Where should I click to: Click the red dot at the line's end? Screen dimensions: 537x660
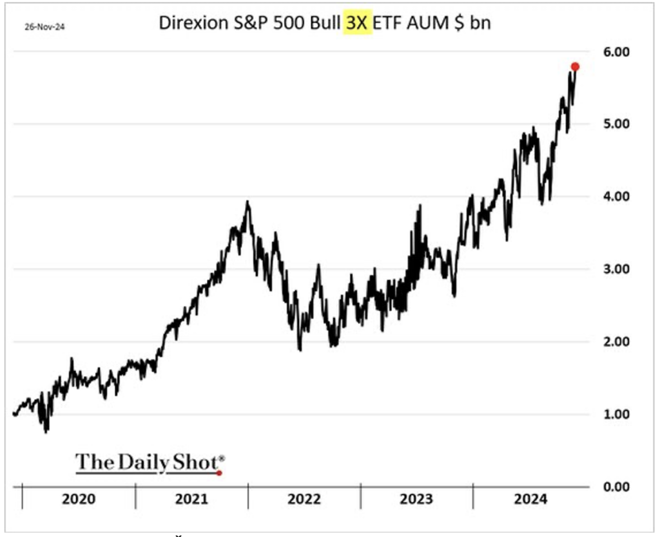pyautogui.click(x=575, y=67)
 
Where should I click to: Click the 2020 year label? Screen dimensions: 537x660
pyautogui.click(x=80, y=499)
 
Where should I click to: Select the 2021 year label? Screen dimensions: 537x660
pyautogui.click(x=192, y=499)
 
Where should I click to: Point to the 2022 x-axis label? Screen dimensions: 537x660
pyautogui.click(x=305, y=499)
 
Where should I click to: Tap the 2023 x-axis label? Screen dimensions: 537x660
pyautogui.click(x=416, y=499)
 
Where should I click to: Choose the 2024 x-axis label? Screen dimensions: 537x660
pyautogui.click(x=529, y=499)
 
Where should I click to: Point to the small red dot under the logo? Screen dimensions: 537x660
pyautogui.click(x=220, y=473)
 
